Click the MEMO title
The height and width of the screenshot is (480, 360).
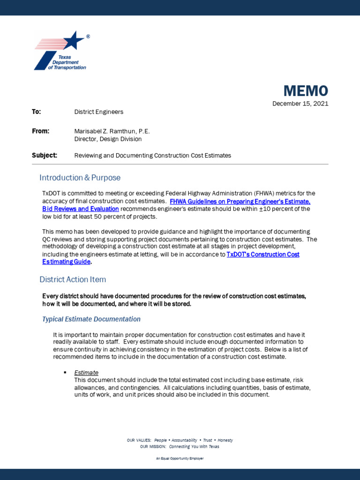coord(305,90)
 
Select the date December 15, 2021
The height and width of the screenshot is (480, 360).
coord(300,104)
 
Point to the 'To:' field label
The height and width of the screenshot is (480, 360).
coord(37,112)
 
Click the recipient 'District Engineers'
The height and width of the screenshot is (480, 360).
coord(98,112)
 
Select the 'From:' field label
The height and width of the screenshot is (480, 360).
coord(40,131)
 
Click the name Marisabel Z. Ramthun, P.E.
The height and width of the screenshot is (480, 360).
coord(112,131)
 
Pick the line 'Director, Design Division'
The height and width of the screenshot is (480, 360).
coord(108,139)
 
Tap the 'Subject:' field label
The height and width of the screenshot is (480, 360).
coord(45,155)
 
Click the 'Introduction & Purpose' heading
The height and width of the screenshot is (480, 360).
coord(80,178)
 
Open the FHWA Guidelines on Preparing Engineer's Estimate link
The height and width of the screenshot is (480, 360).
coord(240,202)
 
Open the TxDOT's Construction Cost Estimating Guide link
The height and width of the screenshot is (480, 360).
coord(262,255)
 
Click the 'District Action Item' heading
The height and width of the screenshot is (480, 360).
coord(73,279)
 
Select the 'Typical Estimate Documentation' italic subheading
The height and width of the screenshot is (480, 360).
coord(91,319)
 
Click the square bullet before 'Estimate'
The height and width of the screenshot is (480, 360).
coord(65,372)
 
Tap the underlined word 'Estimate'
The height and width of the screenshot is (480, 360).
coord(86,373)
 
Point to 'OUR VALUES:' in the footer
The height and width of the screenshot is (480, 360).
coord(139,441)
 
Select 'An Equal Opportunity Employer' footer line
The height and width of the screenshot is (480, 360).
coord(180,458)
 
